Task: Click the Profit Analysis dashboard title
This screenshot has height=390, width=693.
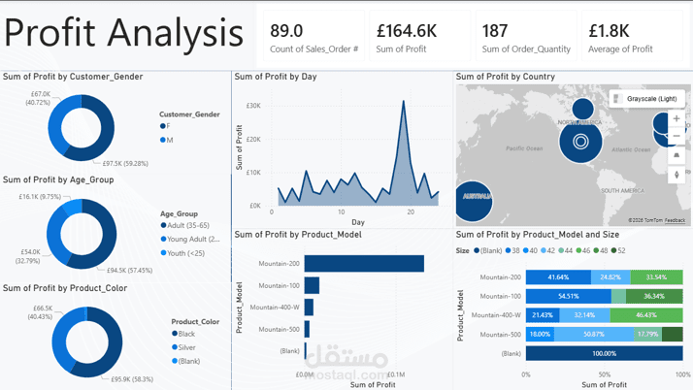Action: (x=123, y=34)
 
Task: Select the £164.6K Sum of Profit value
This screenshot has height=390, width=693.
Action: (x=407, y=31)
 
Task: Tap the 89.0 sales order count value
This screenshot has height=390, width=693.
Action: (x=286, y=31)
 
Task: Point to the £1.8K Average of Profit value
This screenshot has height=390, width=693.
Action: (x=609, y=31)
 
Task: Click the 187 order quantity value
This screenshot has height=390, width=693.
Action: (x=495, y=31)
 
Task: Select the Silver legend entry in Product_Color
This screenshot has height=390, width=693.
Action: (x=186, y=347)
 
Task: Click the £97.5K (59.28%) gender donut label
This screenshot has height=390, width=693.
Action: (x=125, y=164)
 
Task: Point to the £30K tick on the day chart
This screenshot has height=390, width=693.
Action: (x=253, y=106)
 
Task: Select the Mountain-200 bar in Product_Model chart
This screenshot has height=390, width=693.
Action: (x=364, y=264)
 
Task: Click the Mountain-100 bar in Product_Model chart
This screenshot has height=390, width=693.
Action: (x=312, y=285)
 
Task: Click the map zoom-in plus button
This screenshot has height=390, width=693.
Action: (x=676, y=118)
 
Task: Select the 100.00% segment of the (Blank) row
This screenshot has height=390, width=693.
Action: (x=604, y=354)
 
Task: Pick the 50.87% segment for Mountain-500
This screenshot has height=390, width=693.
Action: (x=594, y=335)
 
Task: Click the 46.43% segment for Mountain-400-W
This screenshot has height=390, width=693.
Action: (x=646, y=315)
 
